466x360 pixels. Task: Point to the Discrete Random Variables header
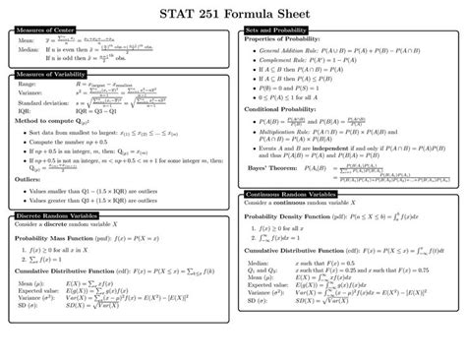[x=56, y=214]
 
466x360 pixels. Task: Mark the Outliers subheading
[x=31, y=180]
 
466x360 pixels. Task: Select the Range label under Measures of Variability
[x=27, y=85]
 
